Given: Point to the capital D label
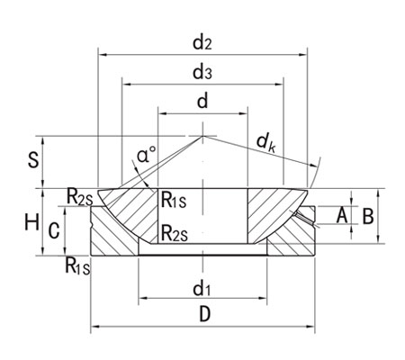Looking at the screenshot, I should point(204,315).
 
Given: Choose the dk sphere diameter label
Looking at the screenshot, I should point(265,141).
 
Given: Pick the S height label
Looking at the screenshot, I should point(33,161).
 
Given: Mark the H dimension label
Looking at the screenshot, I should point(31,220).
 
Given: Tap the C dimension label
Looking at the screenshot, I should point(54,230).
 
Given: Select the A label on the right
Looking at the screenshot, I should point(341,215).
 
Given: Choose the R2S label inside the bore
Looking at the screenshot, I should point(174,234).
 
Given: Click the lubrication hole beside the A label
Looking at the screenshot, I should point(309,216).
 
